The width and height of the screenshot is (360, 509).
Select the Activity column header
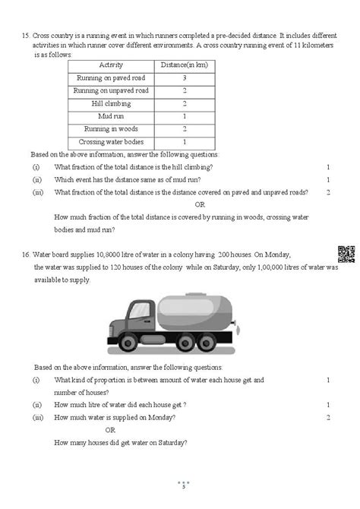[111, 66]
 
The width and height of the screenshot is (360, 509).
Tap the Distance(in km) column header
[185, 66]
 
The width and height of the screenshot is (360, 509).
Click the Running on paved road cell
[111, 78]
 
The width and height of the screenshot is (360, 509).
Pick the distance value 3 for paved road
[185, 78]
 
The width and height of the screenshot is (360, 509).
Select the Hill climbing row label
[111, 103]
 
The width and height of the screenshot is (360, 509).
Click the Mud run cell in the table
[111, 116]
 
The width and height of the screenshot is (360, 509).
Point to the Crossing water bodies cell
[111, 141]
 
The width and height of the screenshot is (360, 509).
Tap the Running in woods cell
[111, 128]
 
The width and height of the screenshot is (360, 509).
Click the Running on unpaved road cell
[111, 90]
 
